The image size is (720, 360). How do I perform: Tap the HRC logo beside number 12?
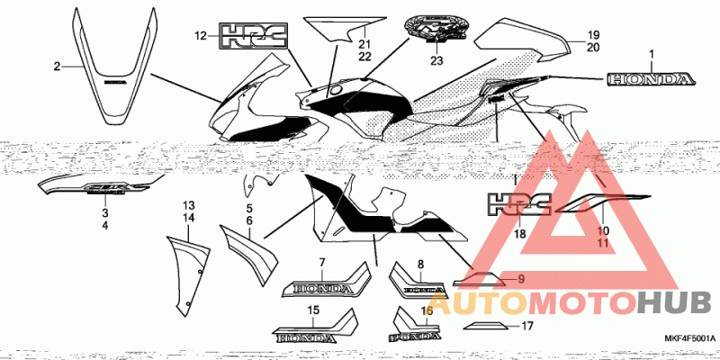[x=254, y=37]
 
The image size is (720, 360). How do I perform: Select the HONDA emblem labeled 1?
[x=651, y=80]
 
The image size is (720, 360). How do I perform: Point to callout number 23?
[x=436, y=61]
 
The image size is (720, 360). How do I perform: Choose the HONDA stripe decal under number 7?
[x=328, y=286]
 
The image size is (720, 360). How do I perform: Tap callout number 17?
[x=528, y=328]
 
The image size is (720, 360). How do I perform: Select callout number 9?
[x=520, y=280]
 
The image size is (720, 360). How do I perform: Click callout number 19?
[x=593, y=35]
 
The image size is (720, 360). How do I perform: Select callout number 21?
[x=365, y=42]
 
